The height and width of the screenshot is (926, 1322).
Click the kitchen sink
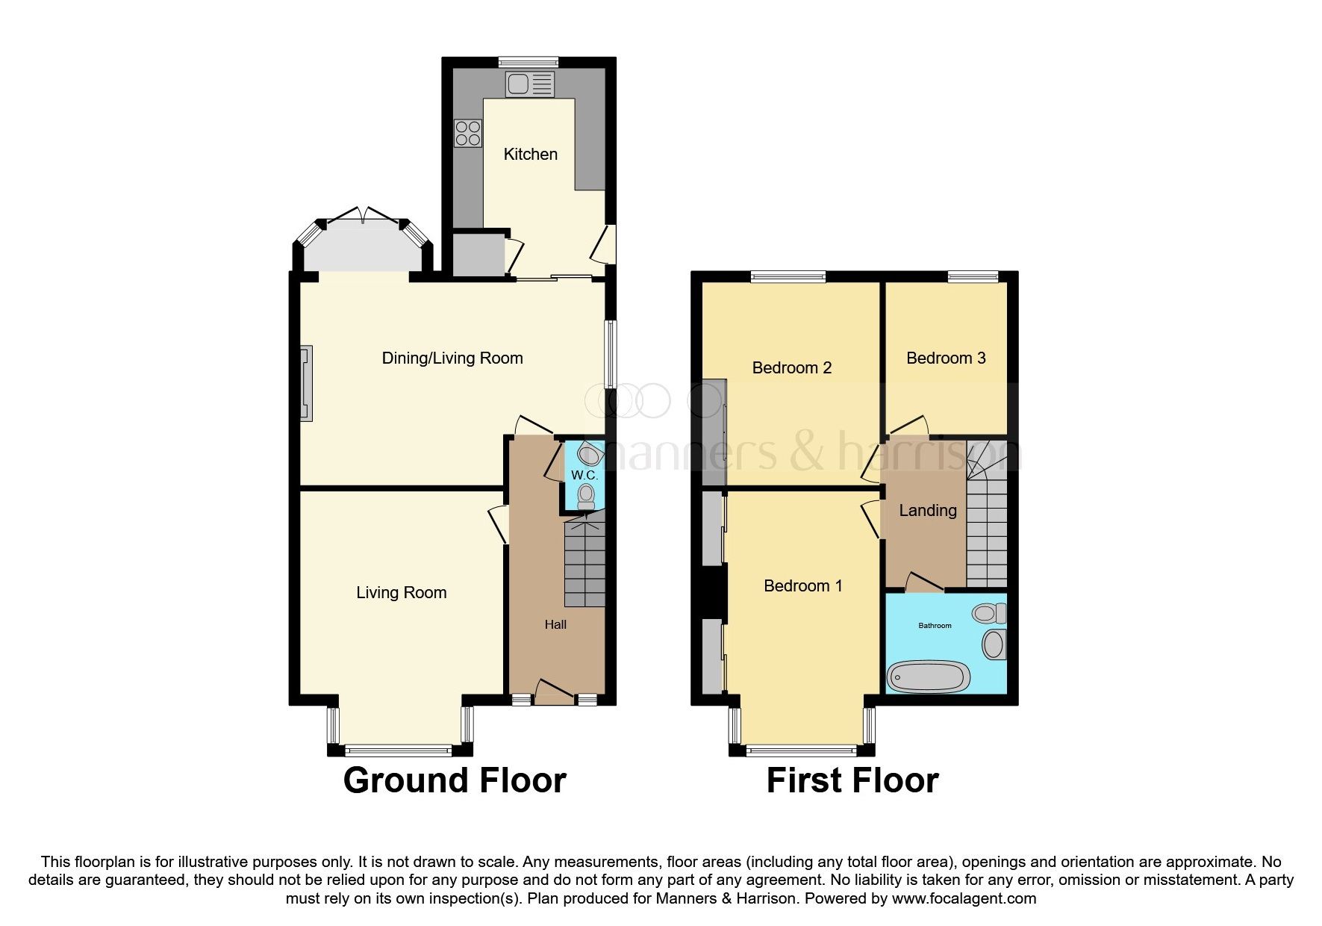click(x=529, y=84)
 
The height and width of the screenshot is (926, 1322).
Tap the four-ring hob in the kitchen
click(x=468, y=133)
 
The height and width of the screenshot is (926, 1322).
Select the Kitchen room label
click(x=530, y=155)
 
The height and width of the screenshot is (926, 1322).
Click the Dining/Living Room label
click(x=452, y=358)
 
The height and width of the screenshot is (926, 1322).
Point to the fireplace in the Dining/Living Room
click(x=306, y=383)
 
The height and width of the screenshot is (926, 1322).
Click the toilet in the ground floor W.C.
click(x=586, y=495)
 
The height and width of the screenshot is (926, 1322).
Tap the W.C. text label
click(x=584, y=476)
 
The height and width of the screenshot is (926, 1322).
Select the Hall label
click(x=555, y=625)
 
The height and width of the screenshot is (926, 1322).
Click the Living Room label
click(x=401, y=593)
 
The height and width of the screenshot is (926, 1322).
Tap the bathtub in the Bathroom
click(x=928, y=677)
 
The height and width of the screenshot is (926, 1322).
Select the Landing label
click(x=927, y=511)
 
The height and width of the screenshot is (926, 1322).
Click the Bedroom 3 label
click(x=945, y=358)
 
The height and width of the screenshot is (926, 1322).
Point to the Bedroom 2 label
click(x=791, y=368)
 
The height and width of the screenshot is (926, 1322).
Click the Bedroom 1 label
click(x=802, y=586)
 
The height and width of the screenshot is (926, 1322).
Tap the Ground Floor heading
click(x=454, y=780)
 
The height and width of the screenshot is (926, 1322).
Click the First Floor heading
click(x=852, y=780)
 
